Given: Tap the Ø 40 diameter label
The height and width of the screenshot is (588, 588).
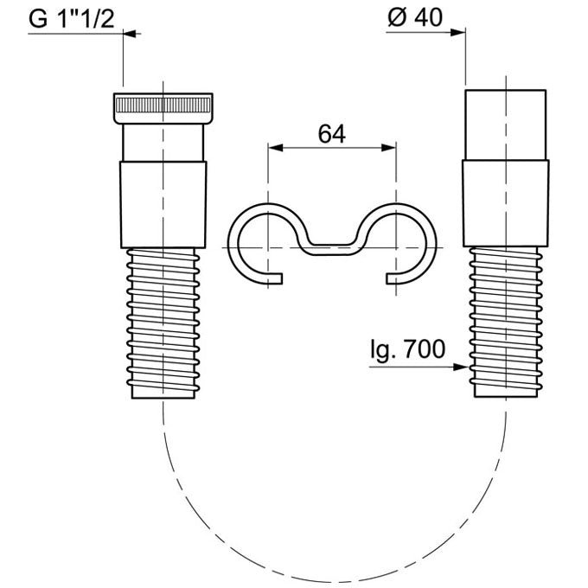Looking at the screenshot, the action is pos(415,17).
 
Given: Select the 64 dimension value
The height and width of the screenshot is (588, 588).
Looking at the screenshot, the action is pos(331,134).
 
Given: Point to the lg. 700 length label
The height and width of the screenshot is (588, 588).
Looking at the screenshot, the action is pos(407,349).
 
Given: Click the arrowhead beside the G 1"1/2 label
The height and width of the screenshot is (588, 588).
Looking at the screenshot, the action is pos(130,34).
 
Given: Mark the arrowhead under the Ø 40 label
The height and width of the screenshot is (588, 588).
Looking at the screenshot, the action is pos(458,33).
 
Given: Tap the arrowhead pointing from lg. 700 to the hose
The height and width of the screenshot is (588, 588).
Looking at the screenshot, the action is pos(461,367).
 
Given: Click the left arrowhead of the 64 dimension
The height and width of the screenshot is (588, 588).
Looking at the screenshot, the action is pos(275,148).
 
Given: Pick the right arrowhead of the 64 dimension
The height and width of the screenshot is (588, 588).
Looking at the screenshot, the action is pos(388,148).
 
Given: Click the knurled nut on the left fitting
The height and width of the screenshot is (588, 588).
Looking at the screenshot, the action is pos(163,108).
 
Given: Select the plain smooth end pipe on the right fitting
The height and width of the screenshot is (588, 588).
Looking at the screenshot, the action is pos(506,125).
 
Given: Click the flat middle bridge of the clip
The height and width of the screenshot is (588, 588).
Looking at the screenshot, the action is pos(331,250).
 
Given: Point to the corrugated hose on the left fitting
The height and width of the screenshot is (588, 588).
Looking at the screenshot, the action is pos(163,323).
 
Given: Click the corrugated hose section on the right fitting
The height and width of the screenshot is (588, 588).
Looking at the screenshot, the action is pos(506,322).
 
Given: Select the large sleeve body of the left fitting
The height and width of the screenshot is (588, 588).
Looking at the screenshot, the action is pos(163,205).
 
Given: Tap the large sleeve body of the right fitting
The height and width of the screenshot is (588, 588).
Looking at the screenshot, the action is pos(506,203).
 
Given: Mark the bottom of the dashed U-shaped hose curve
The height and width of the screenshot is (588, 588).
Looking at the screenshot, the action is pos(335,582).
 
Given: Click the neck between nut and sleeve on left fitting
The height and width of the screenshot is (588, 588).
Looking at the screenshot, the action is pos(163,143).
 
